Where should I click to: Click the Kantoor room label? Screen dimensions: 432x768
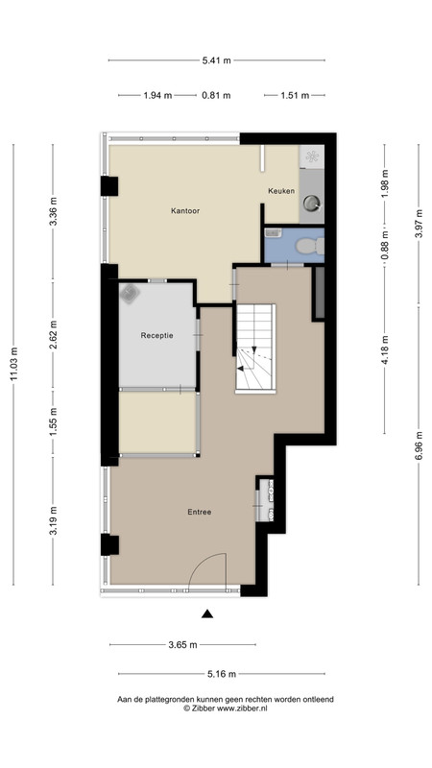(x=184, y=211)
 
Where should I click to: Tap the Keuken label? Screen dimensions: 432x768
(x=281, y=191)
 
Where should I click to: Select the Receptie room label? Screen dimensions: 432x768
(x=156, y=335)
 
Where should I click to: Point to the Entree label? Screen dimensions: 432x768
(x=200, y=512)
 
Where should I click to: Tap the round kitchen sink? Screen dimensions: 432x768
(x=311, y=202)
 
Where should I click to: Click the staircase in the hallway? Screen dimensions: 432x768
(x=254, y=348)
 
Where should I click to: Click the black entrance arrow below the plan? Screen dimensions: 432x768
(x=207, y=613)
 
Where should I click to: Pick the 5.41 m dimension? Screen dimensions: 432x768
(x=216, y=60)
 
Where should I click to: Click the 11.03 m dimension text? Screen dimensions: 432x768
(x=13, y=364)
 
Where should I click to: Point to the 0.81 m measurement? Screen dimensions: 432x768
(x=216, y=95)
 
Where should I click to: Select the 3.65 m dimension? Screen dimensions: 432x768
(x=182, y=644)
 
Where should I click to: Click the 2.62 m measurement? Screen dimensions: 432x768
(x=54, y=334)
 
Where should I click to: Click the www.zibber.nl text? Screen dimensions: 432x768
(x=242, y=708)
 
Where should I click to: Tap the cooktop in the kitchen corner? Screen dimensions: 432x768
(x=311, y=156)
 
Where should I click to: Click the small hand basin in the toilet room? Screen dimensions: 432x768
(x=272, y=234)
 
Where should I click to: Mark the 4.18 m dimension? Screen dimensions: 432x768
(x=385, y=349)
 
